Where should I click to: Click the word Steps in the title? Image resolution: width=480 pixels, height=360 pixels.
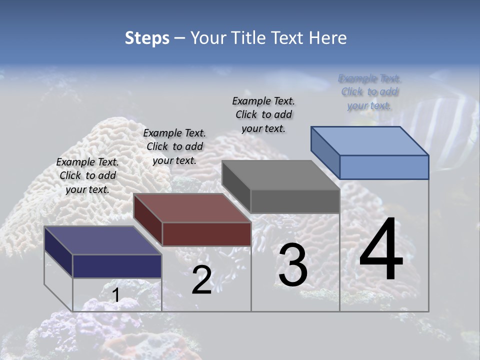pos(147,38)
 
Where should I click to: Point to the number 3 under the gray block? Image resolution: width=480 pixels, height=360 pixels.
pos(292,265)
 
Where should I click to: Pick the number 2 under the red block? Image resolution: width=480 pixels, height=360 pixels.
pos(201,280)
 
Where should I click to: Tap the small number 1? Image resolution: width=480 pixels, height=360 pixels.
pos(115,295)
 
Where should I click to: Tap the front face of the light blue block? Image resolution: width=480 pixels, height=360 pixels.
pos(384,167)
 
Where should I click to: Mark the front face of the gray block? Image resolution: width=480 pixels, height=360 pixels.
pos(295,201)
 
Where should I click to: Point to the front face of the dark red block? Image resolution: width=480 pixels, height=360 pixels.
pos(206,234)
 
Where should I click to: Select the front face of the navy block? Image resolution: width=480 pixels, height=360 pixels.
pos(117,266)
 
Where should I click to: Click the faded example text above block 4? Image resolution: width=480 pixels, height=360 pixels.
pos(369,92)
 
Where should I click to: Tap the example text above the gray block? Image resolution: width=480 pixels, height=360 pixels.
pos(263,114)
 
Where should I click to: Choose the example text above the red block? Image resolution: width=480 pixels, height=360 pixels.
pos(174,146)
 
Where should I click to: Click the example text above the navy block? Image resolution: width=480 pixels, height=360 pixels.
pos(87,175)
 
